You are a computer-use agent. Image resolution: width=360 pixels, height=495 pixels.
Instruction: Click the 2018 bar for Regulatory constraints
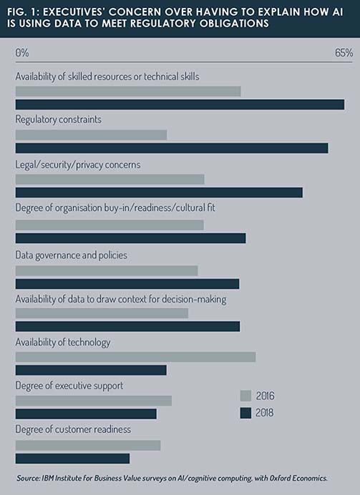pyautogui.click(x=172, y=148)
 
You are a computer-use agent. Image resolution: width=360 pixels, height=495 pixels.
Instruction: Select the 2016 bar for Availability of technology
pyautogui.click(x=135, y=357)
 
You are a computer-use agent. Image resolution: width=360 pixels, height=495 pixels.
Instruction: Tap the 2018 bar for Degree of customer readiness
pyautogui.click(x=72, y=459)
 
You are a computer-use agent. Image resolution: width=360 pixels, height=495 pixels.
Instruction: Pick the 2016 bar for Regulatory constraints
pyautogui.click(x=91, y=134)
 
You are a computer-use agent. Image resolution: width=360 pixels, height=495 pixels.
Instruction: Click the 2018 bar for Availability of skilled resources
pyautogui.click(x=180, y=104)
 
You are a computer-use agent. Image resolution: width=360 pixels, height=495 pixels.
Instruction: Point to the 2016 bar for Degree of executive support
pyautogui.click(x=94, y=401)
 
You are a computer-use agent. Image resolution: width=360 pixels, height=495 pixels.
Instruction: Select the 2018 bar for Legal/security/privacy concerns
pyautogui.click(x=159, y=192)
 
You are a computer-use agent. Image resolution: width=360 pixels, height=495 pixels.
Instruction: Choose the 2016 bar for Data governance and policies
pyautogui.click(x=107, y=270)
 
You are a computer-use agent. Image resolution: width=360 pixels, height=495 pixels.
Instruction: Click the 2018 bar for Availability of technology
pyautogui.click(x=91, y=371)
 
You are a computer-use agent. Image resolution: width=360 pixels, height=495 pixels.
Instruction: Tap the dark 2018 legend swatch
pyautogui.click(x=245, y=413)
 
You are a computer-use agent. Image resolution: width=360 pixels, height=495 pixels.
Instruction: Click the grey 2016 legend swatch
pyautogui.click(x=245, y=396)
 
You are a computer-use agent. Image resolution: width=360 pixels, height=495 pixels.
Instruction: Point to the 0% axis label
pyautogui.click(x=22, y=53)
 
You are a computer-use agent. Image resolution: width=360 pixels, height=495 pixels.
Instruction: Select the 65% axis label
pyautogui.click(x=344, y=53)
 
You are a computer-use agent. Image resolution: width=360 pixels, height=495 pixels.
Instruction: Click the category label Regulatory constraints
pyautogui.click(x=59, y=119)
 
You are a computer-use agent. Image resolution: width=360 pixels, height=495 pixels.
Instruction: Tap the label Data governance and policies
pyautogui.click(x=72, y=255)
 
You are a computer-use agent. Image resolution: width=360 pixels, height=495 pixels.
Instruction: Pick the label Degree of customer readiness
pyautogui.click(x=73, y=429)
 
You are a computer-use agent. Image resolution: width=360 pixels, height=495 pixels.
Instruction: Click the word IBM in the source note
pyautogui.click(x=46, y=479)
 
